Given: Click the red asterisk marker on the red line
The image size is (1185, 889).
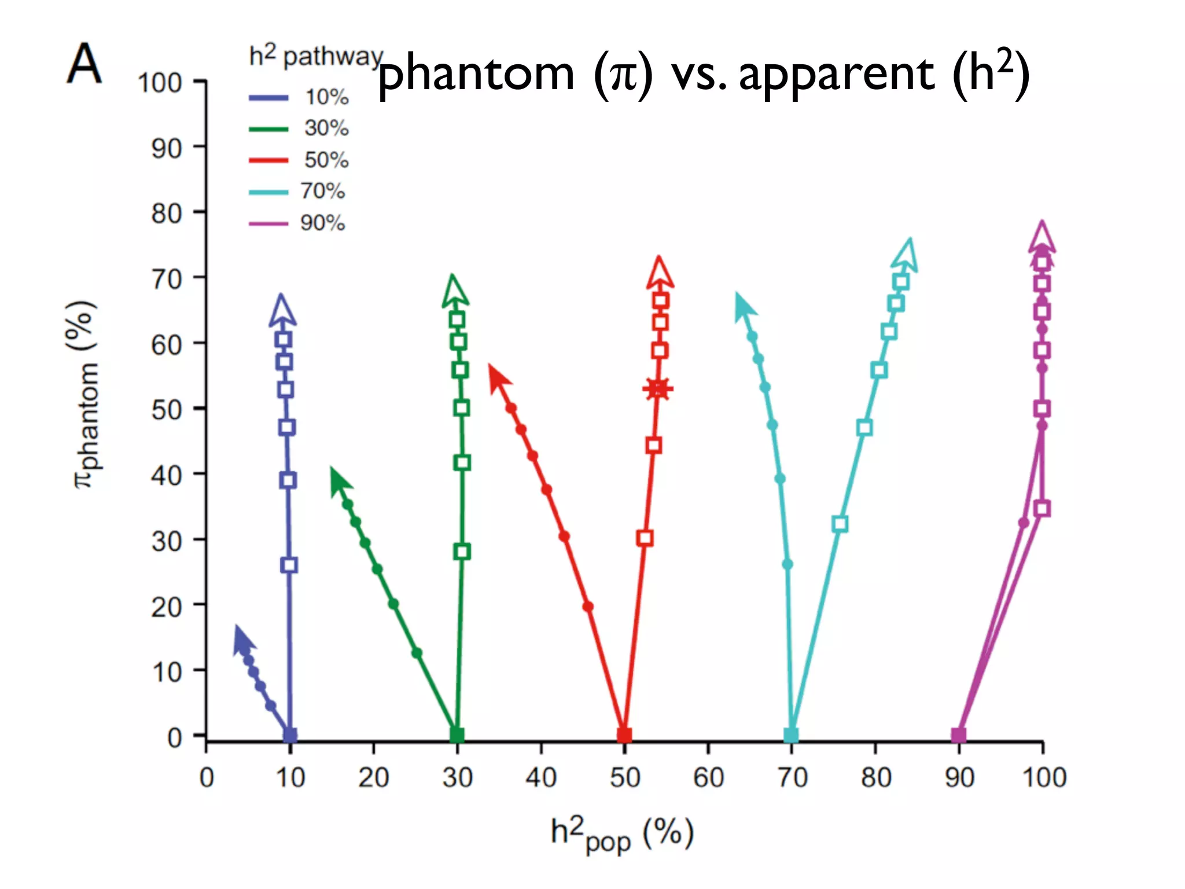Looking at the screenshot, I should coord(658,389).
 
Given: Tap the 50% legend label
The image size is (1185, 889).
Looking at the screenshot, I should coord(326,160).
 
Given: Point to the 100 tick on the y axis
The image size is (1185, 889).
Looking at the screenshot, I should coord(160,83).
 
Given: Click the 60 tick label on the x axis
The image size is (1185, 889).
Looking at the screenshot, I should coord(708,777).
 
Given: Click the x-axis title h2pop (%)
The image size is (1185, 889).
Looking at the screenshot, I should coord(622,834).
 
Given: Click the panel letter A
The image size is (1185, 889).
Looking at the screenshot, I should coord(84,64).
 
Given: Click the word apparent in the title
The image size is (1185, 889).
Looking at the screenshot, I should coord(836,74).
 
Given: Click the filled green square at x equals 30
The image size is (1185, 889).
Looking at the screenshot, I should coord(457,735).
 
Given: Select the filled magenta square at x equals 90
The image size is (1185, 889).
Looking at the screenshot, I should coord(958,735).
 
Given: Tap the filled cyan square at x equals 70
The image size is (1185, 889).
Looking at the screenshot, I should coord(790,735).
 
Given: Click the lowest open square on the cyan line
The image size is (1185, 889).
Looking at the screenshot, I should coord(840,524).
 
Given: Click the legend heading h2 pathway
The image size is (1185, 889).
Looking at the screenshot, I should coord(316,56).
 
